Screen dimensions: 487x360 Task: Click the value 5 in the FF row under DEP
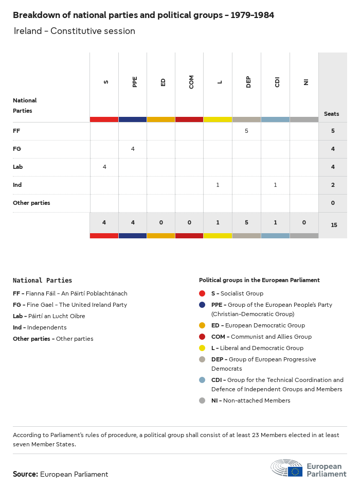(246, 131)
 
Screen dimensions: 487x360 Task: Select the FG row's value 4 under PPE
(133, 149)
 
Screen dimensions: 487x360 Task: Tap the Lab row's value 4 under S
(104, 167)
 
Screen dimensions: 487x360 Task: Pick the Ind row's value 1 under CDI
(275, 185)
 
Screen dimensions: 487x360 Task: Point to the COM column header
(191, 82)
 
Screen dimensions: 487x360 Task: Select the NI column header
(305, 81)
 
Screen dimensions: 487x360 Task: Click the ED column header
(163, 82)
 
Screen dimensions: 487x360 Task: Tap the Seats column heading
(331, 114)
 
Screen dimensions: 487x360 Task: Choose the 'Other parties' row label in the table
(31, 203)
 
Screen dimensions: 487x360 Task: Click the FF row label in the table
(16, 131)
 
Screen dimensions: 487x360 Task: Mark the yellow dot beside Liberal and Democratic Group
(202, 348)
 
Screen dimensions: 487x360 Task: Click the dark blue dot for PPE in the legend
(202, 305)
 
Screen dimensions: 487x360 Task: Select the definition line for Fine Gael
(70, 305)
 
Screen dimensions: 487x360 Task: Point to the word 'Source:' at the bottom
(25, 474)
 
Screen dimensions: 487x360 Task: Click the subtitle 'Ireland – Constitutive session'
(74, 31)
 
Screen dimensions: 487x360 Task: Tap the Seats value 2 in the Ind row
(333, 185)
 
